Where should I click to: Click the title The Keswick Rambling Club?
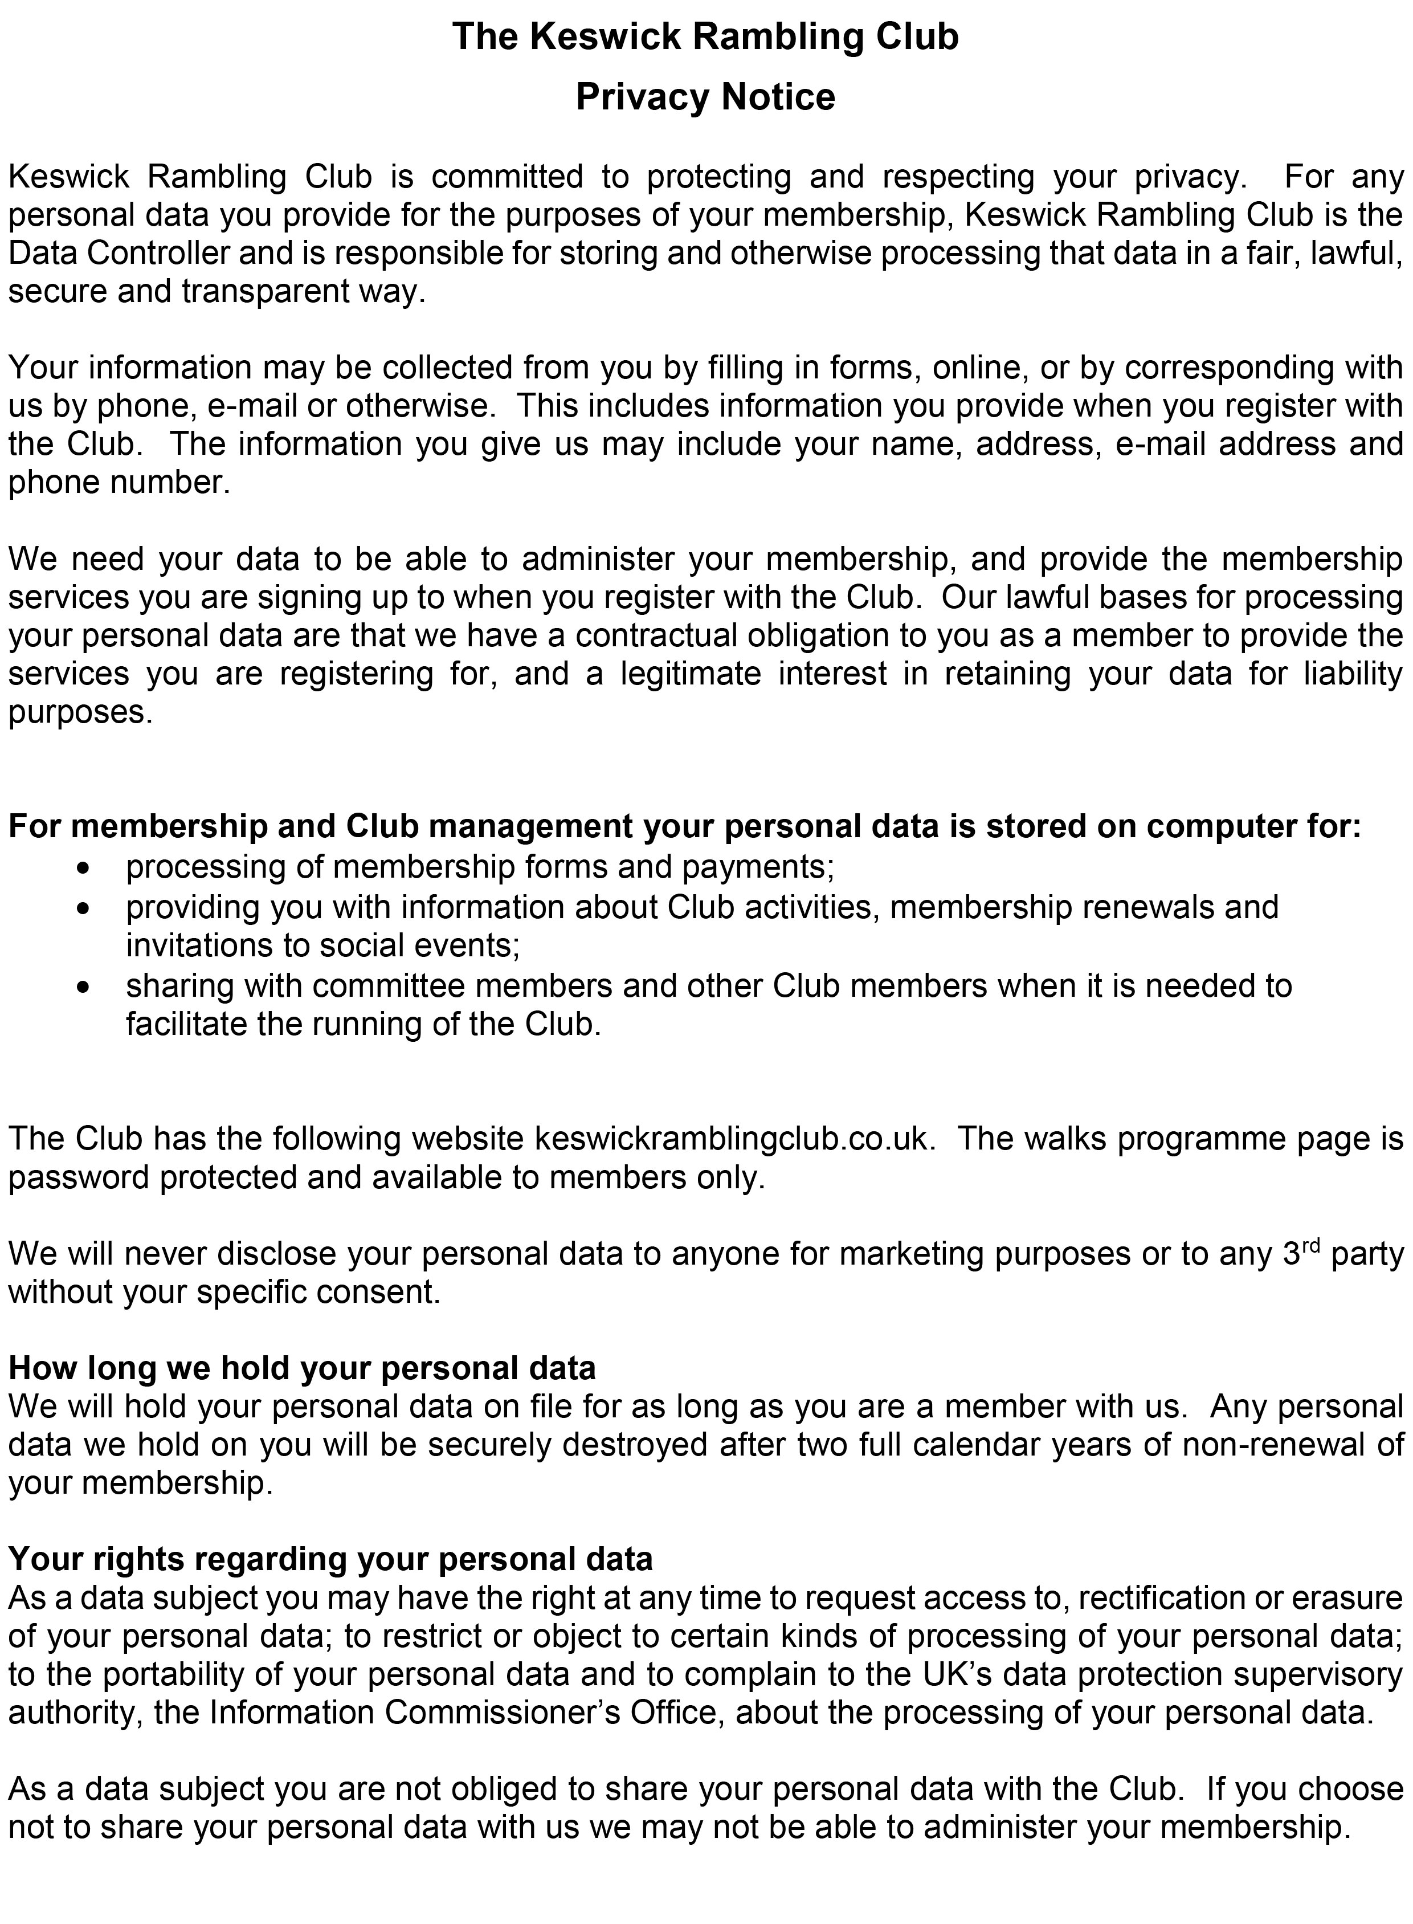tap(705, 37)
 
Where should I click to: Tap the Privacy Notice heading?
tap(705, 97)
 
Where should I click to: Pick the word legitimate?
tap(691, 674)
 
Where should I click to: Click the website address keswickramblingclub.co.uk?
tap(732, 1139)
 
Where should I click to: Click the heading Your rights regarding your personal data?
tap(330, 1560)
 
